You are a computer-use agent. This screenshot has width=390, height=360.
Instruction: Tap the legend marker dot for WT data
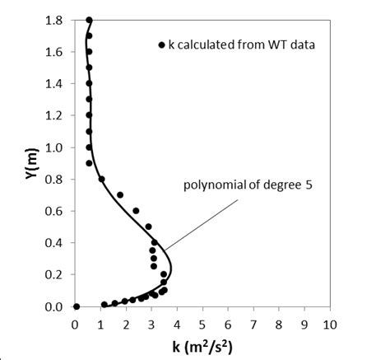[161, 44]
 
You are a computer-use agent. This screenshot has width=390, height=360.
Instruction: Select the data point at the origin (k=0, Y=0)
[76, 306]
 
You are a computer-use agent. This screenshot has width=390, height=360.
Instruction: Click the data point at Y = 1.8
[89, 20]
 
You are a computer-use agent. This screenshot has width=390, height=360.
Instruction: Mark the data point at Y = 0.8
[101, 179]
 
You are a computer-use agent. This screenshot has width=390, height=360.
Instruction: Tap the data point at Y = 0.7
[120, 195]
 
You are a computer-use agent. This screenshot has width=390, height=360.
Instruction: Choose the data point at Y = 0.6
[136, 211]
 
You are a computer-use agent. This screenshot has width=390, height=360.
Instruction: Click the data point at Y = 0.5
[149, 227]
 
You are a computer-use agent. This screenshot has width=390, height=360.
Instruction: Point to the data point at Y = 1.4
[89, 83]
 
